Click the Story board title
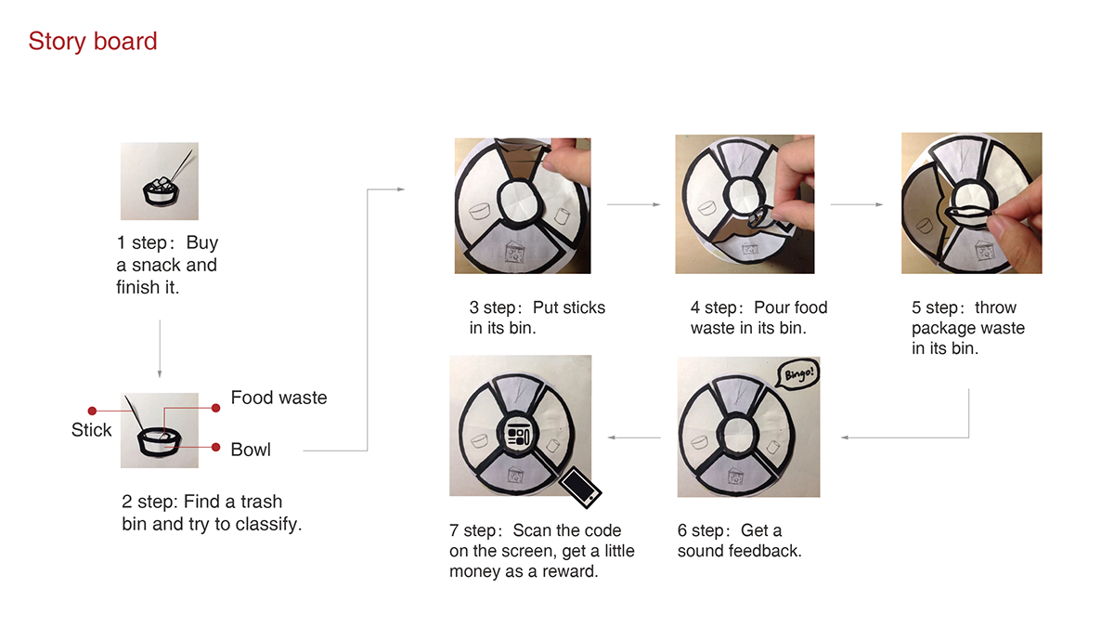(93, 41)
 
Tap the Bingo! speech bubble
(798, 373)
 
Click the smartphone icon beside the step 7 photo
(580, 487)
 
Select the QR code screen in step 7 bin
(518, 435)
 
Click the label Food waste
(279, 398)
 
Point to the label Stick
(92, 430)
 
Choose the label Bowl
(251, 450)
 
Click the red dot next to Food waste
(215, 408)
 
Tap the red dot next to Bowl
(215, 448)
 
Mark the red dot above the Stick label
(92, 411)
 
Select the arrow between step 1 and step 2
(160, 349)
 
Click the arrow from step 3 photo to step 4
(633, 204)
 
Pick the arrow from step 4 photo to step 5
(857, 204)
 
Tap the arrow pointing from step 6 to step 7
(634, 438)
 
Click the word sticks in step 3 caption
(569, 307)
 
